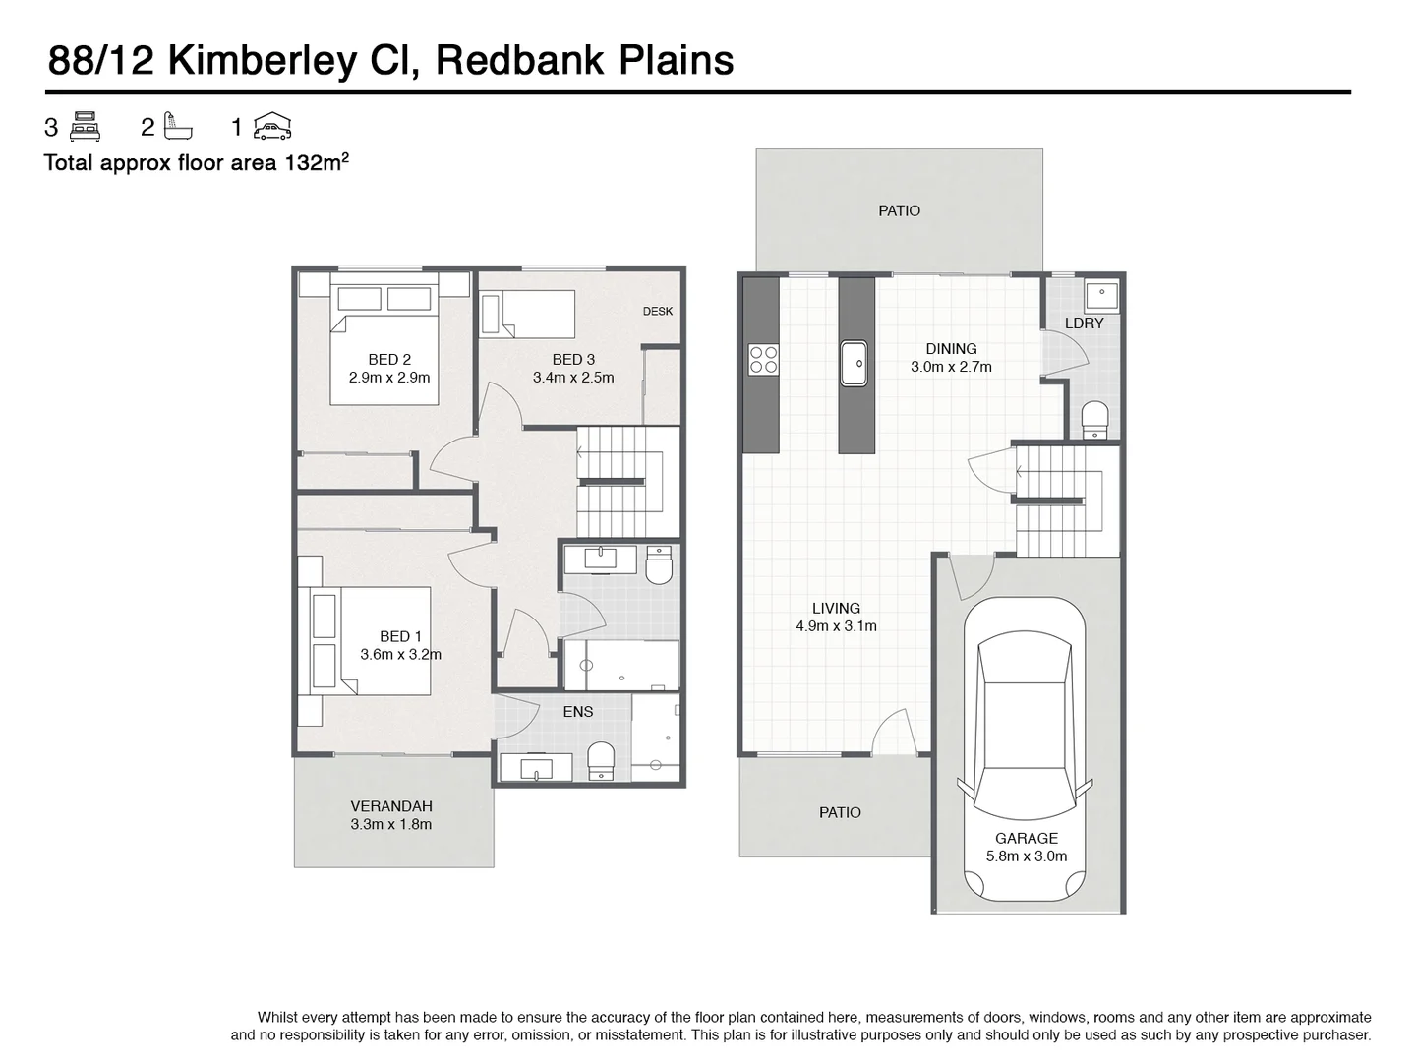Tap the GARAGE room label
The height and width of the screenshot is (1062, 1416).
tap(1026, 838)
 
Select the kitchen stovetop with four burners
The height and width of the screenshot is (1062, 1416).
tap(763, 359)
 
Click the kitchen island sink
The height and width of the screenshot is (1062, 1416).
tap(854, 362)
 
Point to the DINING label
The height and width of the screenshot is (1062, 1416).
tap(951, 349)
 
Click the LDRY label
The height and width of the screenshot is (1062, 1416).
tap(1084, 323)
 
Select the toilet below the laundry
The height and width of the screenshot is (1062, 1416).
tap(1094, 419)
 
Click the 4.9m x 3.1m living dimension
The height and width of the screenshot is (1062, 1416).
tap(836, 626)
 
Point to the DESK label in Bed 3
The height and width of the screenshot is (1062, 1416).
tap(658, 311)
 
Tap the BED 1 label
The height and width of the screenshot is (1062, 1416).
tap(400, 637)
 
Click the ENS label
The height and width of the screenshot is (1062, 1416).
tap(577, 712)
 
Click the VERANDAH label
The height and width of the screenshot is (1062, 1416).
tap(390, 806)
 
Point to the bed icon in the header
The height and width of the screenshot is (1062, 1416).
tap(87, 126)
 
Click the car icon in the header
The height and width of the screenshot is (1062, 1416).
tap(272, 126)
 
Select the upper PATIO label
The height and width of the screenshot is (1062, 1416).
tap(899, 210)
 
